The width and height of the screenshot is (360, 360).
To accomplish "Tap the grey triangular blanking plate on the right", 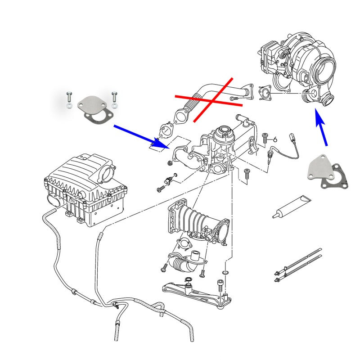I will (x=321, y=167).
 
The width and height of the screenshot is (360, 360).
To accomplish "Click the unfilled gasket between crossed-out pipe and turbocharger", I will (x=265, y=94).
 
